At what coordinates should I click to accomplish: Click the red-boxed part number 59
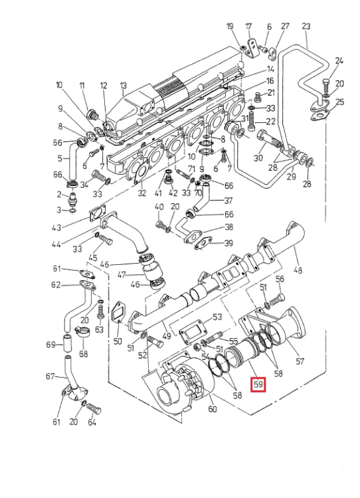pyautogui.click(x=258, y=384)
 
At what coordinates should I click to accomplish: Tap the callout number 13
pyautogui.click(x=124, y=86)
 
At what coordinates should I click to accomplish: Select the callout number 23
pyautogui.click(x=306, y=27)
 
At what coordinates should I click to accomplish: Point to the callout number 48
pyautogui.click(x=298, y=270)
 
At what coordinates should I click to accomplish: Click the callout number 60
pyautogui.click(x=213, y=409)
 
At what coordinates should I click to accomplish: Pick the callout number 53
pyautogui.click(x=217, y=317)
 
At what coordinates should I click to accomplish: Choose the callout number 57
pyautogui.click(x=300, y=361)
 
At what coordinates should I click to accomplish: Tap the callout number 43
pyautogui.click(x=56, y=227)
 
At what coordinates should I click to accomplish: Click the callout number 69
pyautogui.click(x=51, y=345)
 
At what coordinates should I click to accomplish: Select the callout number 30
pyautogui.click(x=258, y=157)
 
